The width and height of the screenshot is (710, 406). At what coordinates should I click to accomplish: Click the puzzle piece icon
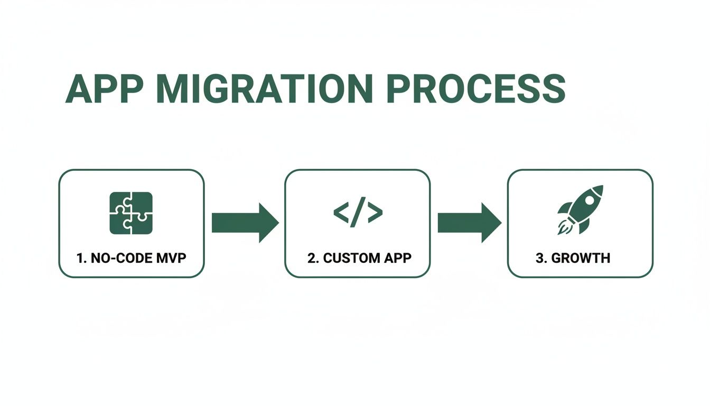pos(131,213)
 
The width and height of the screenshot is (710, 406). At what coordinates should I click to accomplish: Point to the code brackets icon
pos(358,213)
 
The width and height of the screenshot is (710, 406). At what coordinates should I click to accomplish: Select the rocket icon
pos(580,210)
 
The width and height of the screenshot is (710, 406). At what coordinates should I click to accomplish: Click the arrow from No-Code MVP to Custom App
pos(244,223)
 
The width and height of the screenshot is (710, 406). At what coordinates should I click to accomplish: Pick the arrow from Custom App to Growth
pos(469,223)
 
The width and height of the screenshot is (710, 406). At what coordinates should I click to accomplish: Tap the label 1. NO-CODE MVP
pos(132,259)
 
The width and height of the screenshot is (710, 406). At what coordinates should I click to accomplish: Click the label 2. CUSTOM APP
pos(359,259)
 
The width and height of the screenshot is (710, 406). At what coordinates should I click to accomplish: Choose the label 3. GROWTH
pos(581,259)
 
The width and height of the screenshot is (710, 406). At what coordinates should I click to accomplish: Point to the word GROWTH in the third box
pos(587,259)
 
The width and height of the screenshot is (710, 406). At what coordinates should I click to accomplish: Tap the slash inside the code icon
pos(358,213)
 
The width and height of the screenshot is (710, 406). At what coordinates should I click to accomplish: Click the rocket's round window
pos(588,201)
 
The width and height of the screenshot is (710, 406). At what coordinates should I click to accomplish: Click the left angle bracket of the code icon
pos(341,213)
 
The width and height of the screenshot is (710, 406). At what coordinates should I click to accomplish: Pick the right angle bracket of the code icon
pos(375,213)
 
